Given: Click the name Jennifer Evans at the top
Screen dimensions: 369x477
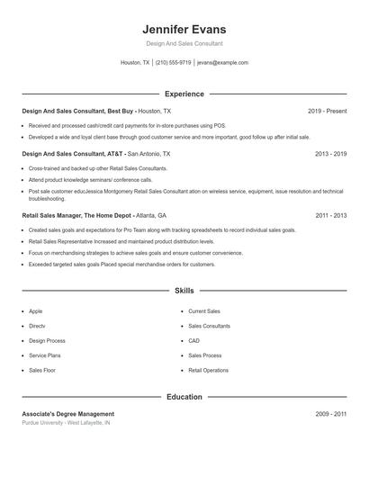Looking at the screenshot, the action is tap(184, 30).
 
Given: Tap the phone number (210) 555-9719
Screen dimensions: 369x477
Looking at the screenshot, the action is tap(174, 63).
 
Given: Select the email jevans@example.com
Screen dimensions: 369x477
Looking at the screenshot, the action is tap(222, 63).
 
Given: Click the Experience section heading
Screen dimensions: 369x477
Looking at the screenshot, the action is tap(184, 94).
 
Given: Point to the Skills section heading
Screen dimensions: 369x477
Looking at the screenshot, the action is tap(184, 292).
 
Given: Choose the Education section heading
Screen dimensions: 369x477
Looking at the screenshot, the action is tap(184, 397).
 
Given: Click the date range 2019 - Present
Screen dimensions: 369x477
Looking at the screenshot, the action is tap(327, 111).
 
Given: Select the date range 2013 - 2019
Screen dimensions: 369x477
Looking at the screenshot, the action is tap(330, 154).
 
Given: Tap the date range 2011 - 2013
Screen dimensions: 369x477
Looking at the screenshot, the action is tap(330, 216).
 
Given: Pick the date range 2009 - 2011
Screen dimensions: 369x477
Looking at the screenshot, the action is tap(330, 413).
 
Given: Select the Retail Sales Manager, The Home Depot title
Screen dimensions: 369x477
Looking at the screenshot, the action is tap(94, 216).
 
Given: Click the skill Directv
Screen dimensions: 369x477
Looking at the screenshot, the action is tap(37, 326).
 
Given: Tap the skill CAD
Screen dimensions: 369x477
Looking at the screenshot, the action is tap(193, 341).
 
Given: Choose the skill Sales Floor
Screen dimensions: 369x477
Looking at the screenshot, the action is tap(42, 370).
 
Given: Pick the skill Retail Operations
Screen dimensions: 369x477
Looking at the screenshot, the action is tap(208, 370).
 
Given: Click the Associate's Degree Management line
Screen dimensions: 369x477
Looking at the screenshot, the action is tap(68, 413).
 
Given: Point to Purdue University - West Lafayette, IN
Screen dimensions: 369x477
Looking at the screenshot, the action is tap(66, 422).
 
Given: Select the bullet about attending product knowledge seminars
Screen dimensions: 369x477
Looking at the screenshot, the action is tap(90, 179).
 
